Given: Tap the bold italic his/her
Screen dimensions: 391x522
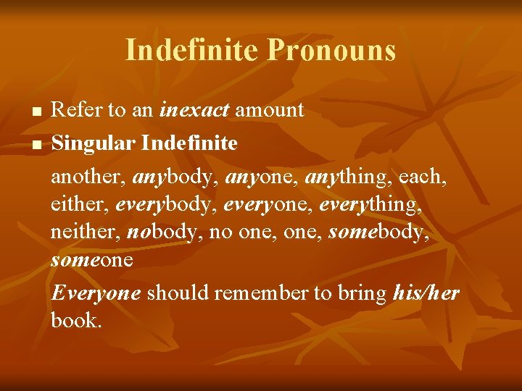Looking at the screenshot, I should pos(426,293).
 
